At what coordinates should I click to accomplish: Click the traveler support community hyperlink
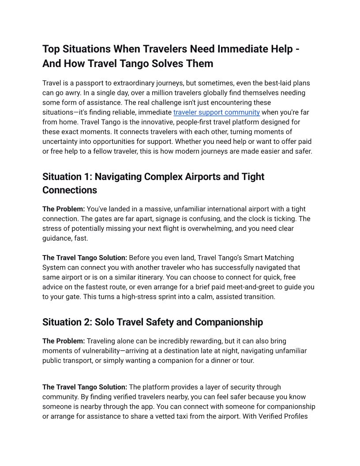pyautogui.click(x=216, y=112)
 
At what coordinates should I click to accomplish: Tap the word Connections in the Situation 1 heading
pyautogui.click(x=70, y=190)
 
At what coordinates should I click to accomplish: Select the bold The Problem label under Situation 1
pyautogui.click(x=64, y=209)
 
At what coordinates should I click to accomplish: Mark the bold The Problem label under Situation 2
pyautogui.click(x=64, y=341)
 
